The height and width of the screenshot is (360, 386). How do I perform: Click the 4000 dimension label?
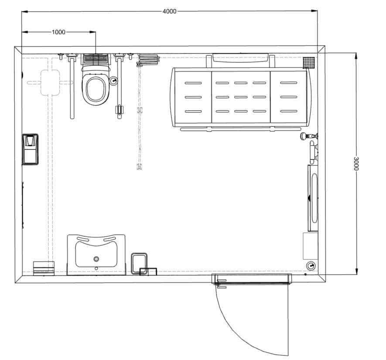tap(169, 11)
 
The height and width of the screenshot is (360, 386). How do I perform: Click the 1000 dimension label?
tap(58, 32)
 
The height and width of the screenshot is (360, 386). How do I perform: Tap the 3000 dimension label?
tap(356, 163)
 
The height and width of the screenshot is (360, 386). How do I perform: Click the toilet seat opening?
tap(96, 89)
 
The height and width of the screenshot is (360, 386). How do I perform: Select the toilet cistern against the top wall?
tap(96, 59)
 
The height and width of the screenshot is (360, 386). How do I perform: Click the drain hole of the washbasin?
tap(96, 259)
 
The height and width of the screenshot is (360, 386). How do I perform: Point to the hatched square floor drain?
tap(309, 62)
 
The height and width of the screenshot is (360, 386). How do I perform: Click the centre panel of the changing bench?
tap(241, 97)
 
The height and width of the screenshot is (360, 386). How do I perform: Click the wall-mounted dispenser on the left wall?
tap(30, 149)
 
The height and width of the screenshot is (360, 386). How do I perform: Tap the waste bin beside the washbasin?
tap(139, 264)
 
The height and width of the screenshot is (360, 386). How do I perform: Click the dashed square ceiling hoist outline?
tap(50, 83)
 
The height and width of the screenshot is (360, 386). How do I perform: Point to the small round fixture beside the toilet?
tap(113, 81)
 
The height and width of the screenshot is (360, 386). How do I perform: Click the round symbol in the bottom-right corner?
tap(311, 266)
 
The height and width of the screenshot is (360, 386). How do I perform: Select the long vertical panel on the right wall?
tap(313, 198)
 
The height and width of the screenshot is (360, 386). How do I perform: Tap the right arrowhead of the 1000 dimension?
tap(92, 32)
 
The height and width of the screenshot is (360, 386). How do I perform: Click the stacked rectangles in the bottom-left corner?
tap(44, 268)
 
